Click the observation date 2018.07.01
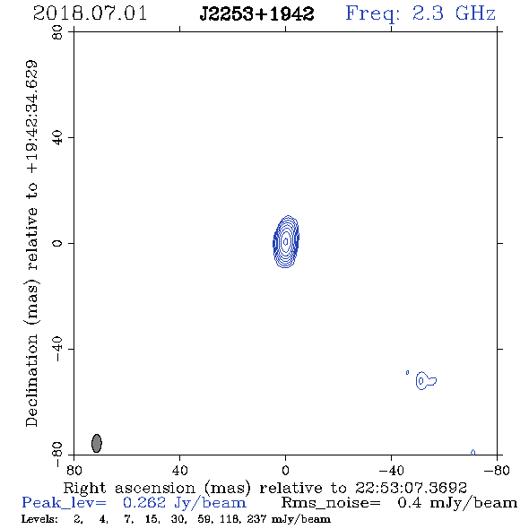90,13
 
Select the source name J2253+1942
256,14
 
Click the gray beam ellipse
97,443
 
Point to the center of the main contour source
286,241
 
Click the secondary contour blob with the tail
426,381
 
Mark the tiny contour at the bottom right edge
473,453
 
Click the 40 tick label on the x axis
179,470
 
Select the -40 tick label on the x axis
391,470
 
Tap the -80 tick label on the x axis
497,470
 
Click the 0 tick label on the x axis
285,470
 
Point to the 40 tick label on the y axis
57,138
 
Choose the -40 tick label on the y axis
57,349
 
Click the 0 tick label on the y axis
57,243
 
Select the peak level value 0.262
144,503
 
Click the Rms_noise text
331,503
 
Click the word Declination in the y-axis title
31,380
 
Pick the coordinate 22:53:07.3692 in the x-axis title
411,488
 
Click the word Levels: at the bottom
39,518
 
